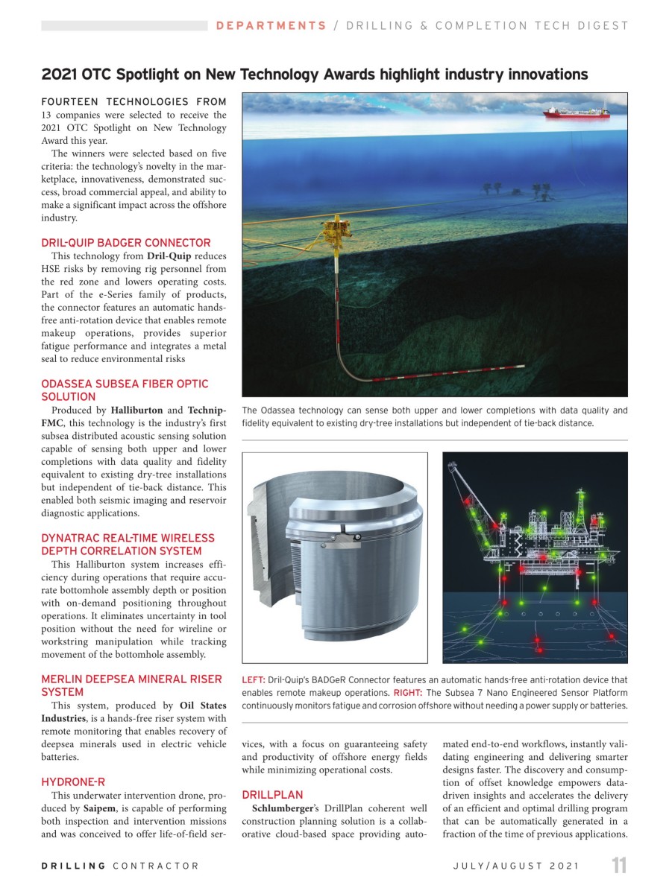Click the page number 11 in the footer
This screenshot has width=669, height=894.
[619, 866]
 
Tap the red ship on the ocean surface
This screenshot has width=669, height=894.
[575, 112]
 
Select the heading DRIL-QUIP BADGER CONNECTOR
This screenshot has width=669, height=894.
[126, 243]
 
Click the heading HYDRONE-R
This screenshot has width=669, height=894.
[73, 782]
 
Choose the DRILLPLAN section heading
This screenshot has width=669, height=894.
[273, 795]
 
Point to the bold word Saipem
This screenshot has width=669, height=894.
[98, 808]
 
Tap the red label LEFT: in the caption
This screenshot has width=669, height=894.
[253, 680]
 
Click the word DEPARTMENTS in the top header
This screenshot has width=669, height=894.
[271, 25]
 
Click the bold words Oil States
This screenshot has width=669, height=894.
[203, 706]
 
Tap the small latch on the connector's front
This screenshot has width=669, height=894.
[345, 535]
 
